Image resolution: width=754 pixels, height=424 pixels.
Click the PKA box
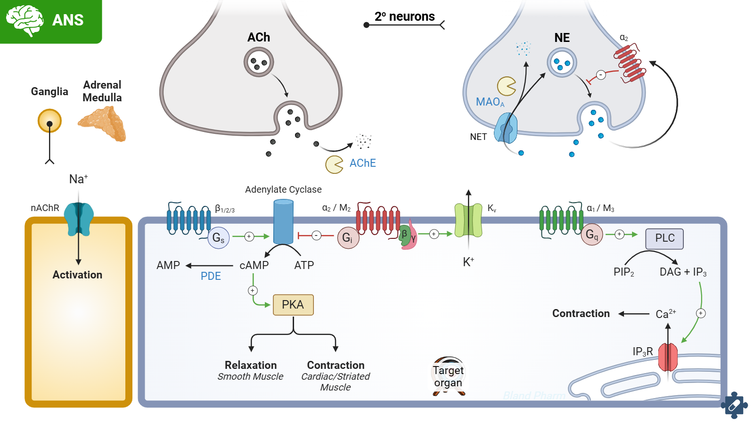tap(293, 305)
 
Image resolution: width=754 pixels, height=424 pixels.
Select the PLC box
tap(664, 238)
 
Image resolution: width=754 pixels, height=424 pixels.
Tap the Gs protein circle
tap(218, 238)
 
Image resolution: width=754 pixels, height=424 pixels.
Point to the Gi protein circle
tap(348, 238)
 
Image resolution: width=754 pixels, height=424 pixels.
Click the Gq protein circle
tap(592, 235)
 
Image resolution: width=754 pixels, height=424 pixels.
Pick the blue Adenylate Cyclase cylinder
tap(283, 221)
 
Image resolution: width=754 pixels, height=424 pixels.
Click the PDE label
tap(211, 277)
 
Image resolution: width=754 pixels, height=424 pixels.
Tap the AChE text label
tap(362, 163)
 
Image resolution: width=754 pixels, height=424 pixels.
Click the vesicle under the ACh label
tap(259, 63)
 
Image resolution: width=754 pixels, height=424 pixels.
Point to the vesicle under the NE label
tap(562, 63)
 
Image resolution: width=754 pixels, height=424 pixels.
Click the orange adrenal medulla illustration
tap(103, 123)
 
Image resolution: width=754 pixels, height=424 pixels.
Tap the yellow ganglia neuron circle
tap(49, 121)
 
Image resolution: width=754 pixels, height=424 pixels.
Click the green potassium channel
tap(468, 220)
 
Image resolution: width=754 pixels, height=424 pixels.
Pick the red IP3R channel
tap(668, 357)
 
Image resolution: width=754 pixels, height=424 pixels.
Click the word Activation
tap(77, 275)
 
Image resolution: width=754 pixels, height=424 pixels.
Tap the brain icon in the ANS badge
tap(25, 20)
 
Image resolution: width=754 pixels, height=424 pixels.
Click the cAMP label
tap(254, 266)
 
